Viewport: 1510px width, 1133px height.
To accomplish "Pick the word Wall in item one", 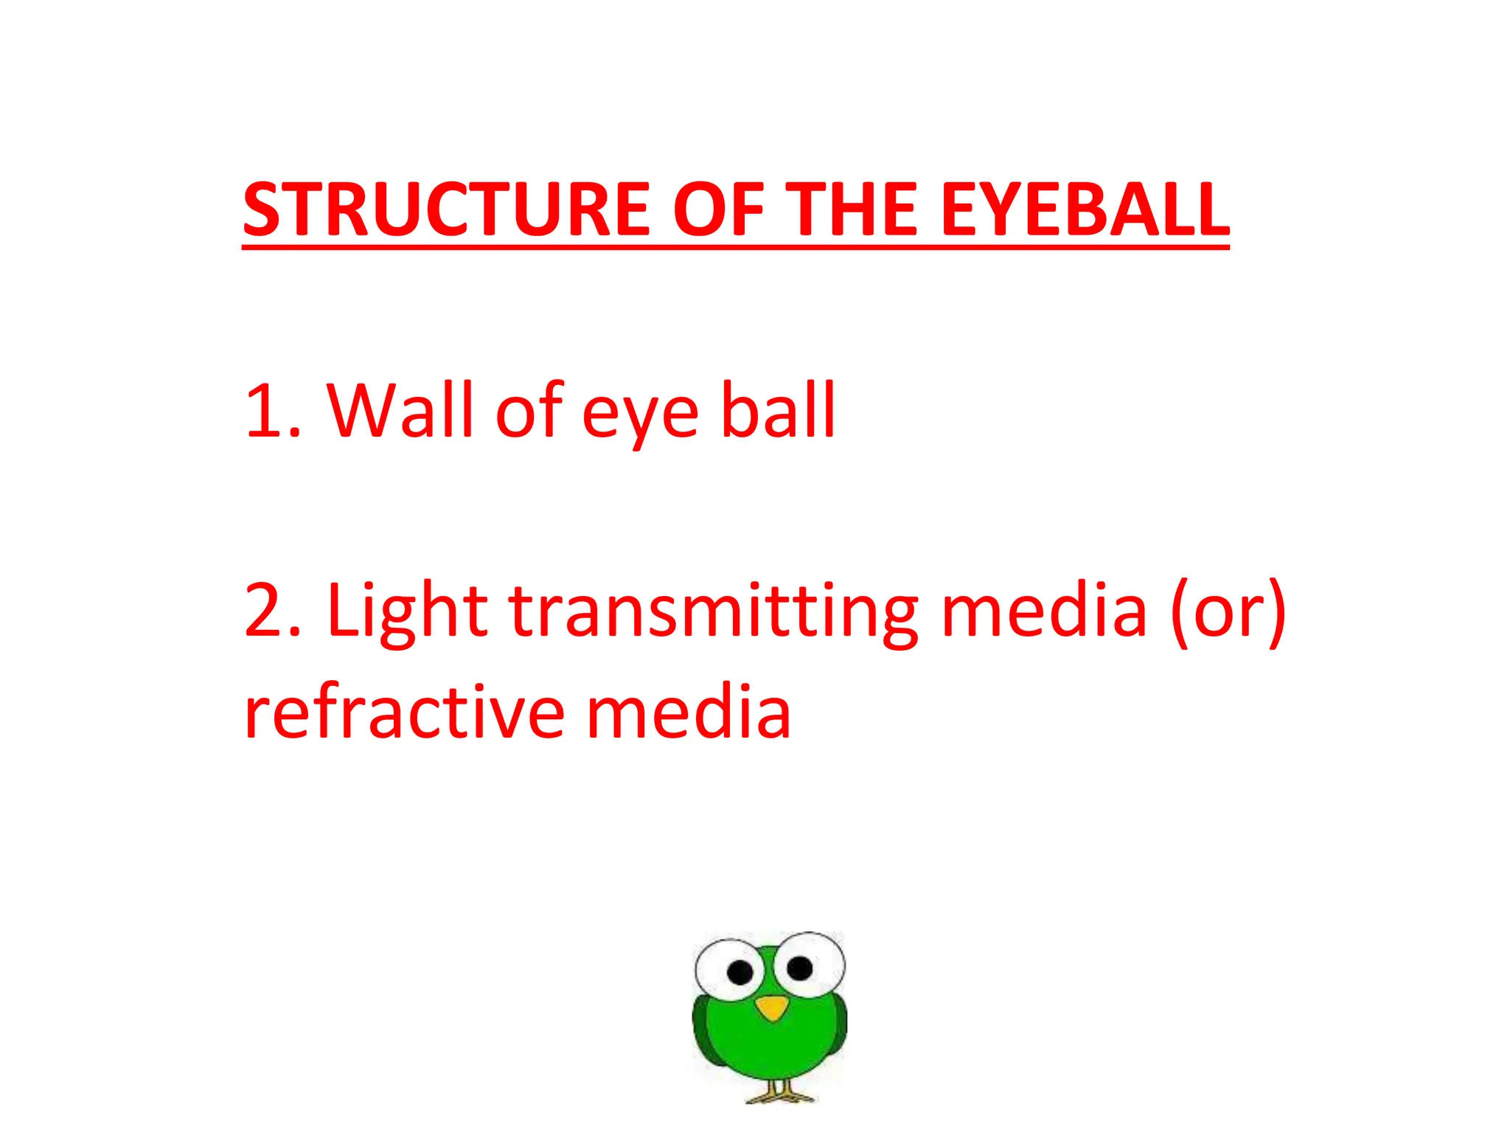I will [x=399, y=410].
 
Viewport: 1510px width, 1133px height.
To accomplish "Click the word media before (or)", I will [x=1044, y=611].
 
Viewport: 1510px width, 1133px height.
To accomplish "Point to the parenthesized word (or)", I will [x=1228, y=612].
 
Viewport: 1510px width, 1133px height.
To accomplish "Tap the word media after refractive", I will [x=689, y=712].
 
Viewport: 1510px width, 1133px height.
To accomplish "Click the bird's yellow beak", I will [x=772, y=1008].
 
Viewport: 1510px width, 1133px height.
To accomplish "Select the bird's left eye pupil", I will [x=740, y=973].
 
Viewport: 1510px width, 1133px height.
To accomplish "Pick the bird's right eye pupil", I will [x=799, y=967].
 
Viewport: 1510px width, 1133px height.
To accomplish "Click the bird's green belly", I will [x=770, y=1047].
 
